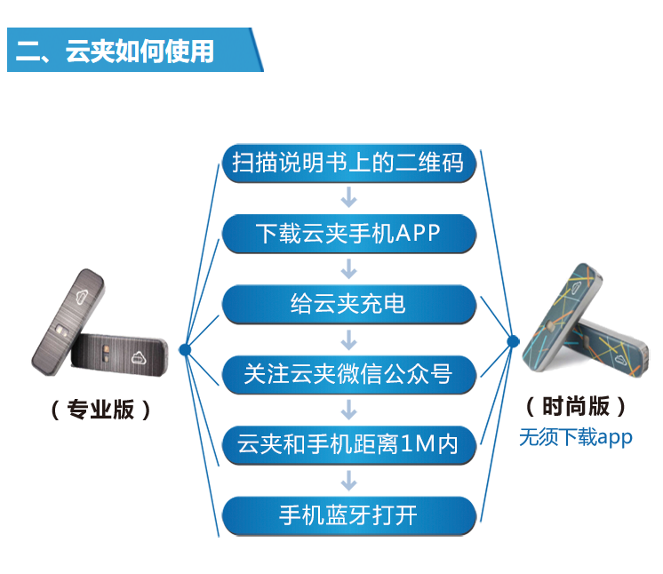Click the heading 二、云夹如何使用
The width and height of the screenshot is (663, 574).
(x=115, y=52)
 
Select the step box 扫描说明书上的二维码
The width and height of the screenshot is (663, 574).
(x=349, y=163)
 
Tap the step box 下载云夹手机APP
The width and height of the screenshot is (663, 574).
(x=349, y=234)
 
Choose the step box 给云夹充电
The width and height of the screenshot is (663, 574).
(x=349, y=305)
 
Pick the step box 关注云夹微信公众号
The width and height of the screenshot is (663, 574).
(x=349, y=374)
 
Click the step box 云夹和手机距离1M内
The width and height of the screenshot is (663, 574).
(x=349, y=445)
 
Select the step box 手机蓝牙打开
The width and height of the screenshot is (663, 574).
(x=349, y=515)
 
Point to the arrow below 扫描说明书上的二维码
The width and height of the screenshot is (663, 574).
(x=349, y=198)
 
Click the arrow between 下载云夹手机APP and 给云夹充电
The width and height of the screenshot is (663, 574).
(x=349, y=269)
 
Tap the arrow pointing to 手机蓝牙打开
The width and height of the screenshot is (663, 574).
(x=349, y=481)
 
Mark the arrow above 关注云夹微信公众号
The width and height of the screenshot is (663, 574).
(x=349, y=339)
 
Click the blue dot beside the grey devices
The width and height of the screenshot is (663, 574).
(x=185, y=349)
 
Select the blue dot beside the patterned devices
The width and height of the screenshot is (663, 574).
(x=513, y=340)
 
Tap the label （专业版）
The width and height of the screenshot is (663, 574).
(x=100, y=409)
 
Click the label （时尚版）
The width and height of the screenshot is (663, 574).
(x=576, y=406)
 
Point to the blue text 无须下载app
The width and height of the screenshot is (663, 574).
(x=576, y=437)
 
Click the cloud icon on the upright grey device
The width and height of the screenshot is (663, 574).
(x=82, y=296)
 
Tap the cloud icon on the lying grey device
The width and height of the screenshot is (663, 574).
(x=139, y=357)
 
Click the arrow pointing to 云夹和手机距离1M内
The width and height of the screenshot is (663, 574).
(x=349, y=410)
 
